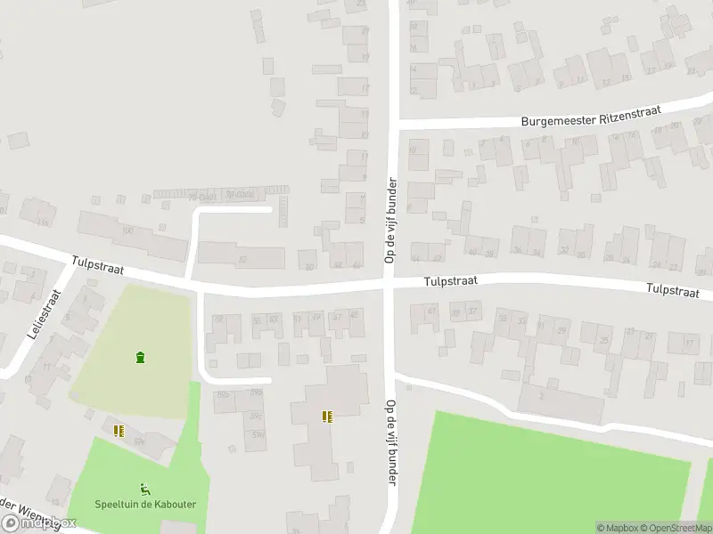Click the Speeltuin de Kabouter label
[145, 505]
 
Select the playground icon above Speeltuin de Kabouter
[144, 489]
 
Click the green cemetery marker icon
[140, 358]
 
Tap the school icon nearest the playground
[119, 431]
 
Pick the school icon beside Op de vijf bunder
[327, 416]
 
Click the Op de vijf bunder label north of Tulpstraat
[389, 220]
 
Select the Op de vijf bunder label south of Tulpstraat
[390, 442]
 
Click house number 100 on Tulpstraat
[127, 231]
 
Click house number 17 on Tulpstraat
[687, 342]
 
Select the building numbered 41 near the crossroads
[432, 311]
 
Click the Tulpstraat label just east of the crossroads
[450, 280]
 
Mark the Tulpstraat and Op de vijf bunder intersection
[390, 282]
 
